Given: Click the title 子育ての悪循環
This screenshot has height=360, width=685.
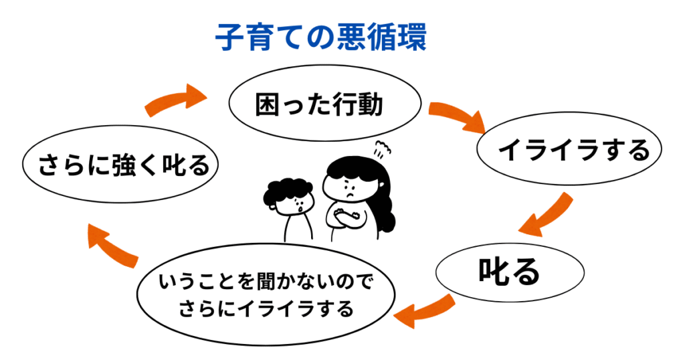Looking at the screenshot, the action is (x=320, y=37).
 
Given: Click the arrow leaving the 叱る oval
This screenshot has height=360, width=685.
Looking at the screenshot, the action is (x=423, y=311).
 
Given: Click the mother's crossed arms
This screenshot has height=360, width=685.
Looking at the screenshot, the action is (x=347, y=216).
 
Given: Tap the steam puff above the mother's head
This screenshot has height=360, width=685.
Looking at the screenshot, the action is (x=382, y=149).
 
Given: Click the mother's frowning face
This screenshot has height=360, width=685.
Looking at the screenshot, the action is (x=347, y=189).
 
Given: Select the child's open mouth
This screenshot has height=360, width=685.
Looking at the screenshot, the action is (x=300, y=209).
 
